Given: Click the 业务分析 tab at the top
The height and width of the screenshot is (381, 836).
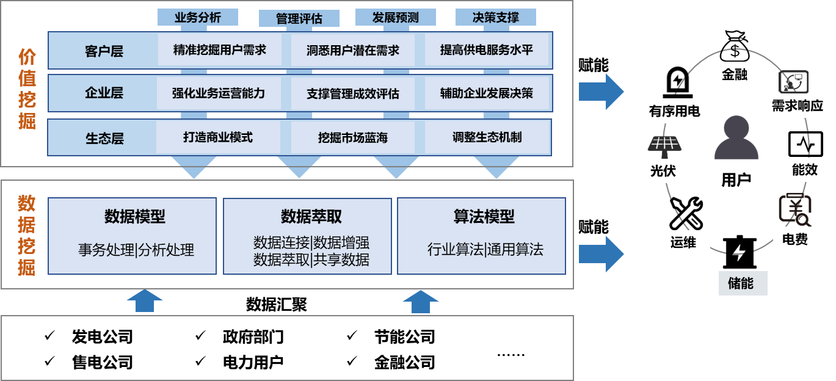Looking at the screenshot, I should coord(197,18).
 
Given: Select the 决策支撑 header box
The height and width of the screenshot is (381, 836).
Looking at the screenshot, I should coord(495,18).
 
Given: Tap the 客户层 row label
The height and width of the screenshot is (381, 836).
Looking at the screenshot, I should coord(104,51).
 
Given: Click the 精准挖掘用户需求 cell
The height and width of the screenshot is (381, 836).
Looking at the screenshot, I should coord(219,50).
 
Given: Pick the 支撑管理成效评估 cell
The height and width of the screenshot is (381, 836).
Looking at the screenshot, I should coord(352,94).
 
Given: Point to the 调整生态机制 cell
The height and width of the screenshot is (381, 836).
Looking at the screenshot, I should coord(487,137).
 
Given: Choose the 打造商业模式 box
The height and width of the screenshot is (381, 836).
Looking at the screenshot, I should coord(217,137).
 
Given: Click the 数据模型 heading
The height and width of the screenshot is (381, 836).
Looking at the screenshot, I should coord(134,217).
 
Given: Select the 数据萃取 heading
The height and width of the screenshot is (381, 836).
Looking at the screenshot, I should coord(311,217).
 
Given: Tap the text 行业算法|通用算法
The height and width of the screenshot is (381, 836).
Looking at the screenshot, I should coord(485,250).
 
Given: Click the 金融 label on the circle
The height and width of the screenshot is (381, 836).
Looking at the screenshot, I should coord(734,75).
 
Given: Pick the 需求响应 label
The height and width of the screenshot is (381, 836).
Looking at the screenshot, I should coord(797,106).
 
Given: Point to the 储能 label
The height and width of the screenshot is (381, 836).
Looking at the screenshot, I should coord(742,283).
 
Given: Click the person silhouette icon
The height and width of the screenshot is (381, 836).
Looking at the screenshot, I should coord(736,138).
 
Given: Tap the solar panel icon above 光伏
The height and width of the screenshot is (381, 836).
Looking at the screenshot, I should coord(664,145).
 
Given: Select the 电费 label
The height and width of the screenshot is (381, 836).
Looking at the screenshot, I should coord(794,239).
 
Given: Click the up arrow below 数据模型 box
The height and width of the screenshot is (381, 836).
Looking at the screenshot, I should coord(144,301).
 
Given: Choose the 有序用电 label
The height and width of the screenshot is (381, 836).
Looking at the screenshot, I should coord(674,111).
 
